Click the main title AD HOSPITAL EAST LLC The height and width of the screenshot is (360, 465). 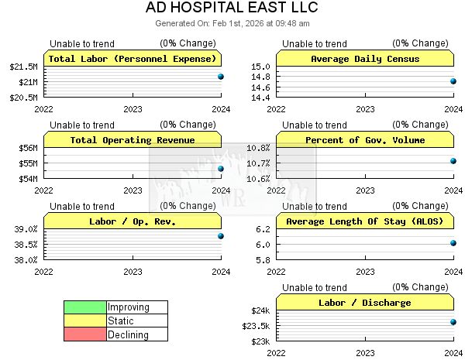pos(232,8)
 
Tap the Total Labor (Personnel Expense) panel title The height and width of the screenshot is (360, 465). pos(133,59)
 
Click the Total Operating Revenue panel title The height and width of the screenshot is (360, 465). pos(133,140)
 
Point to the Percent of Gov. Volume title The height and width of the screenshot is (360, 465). pos(365,140)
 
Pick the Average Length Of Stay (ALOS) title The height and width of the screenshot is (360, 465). pos(365,221)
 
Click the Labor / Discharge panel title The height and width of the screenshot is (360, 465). pos(365,303)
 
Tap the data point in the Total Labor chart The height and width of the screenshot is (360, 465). pos(221,77)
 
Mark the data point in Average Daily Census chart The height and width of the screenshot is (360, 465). pos(453,81)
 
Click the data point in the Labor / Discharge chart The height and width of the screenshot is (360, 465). pos(453,322)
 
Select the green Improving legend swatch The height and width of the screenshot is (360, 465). pos(85,307)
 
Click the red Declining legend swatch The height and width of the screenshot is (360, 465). pos(85,335)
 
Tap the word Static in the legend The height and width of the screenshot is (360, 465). pos(121,321)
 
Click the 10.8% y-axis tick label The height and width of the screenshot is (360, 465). pos(257,148)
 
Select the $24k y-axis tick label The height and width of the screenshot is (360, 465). pos(260,310)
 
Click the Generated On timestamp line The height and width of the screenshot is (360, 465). pos(232,23)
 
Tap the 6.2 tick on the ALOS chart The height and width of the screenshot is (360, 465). pos(263,229)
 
